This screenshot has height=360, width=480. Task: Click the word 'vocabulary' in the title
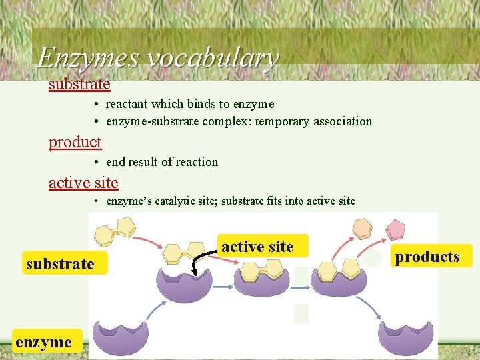211,59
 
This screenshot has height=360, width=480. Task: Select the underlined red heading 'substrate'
79,84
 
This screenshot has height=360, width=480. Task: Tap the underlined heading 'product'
75,142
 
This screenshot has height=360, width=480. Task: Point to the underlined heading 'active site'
83,182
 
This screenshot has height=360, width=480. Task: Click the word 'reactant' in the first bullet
127,104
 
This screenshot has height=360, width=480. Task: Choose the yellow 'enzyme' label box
44,342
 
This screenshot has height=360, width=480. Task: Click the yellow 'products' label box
427,256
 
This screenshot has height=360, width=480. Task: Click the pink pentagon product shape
396,230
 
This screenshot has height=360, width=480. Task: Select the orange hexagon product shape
363,229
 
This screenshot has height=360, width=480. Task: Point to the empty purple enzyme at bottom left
122,337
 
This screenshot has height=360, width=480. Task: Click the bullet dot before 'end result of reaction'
97,162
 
